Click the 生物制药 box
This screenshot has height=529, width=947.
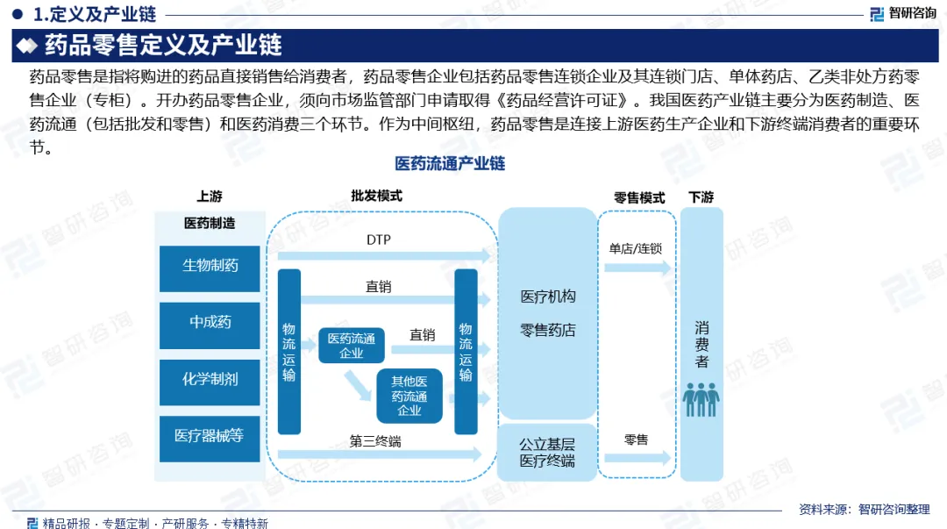coord(210,265)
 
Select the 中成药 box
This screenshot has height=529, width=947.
coord(210,322)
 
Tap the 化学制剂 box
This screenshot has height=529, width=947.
coord(210,379)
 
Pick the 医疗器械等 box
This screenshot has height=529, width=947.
coord(210,435)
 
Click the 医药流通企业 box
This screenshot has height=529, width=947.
coord(351,345)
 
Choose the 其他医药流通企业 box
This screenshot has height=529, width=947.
coord(409,396)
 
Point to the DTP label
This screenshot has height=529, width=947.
coord(379,239)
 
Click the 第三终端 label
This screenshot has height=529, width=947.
coord(375,441)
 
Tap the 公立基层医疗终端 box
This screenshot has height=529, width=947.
coord(546,452)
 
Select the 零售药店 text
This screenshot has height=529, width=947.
coord(547,331)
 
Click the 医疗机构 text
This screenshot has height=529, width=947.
coord(547,297)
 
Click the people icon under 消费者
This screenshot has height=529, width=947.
coord(701,398)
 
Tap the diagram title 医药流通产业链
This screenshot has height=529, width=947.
coord(450,164)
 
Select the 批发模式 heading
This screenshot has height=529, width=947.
coord(376,197)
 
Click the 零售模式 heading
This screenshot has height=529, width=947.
coord(638,198)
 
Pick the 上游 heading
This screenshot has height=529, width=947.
coord(209,197)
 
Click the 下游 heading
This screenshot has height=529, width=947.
coord(701,198)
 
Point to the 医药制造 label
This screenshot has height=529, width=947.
coord(210,224)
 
